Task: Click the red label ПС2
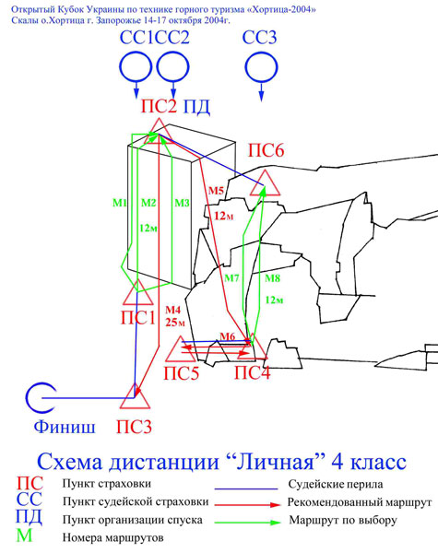(x=159, y=106)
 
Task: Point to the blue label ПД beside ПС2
(x=196, y=107)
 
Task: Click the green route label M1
(x=120, y=203)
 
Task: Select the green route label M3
(x=183, y=203)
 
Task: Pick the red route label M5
(x=216, y=191)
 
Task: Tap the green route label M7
(x=231, y=278)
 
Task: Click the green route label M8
(x=272, y=278)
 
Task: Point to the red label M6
(x=227, y=336)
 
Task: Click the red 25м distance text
(x=175, y=322)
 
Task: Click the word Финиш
(x=65, y=427)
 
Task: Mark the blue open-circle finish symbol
(x=27, y=398)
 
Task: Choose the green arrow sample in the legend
(x=248, y=522)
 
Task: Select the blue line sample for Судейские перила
(x=246, y=489)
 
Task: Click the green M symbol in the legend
(x=24, y=536)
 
